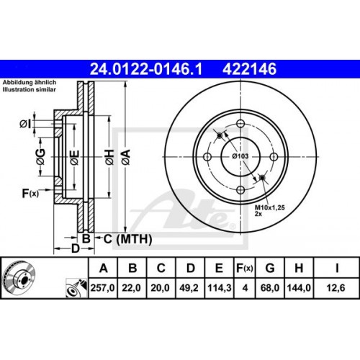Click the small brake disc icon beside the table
(x=19, y=278)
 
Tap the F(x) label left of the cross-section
(x=30, y=193)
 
